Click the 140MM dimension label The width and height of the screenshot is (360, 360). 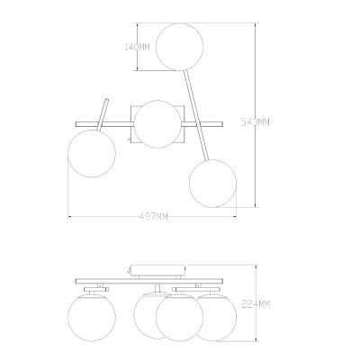[137, 47]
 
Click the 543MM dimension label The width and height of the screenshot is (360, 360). [256, 122]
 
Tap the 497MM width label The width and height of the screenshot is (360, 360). [154, 216]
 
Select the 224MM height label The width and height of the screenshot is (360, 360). [256, 304]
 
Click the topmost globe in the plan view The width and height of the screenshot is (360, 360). [179, 47]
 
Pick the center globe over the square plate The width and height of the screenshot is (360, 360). [157, 124]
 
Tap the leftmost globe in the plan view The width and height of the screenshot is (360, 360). [92, 154]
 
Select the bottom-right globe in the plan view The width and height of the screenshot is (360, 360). [212, 184]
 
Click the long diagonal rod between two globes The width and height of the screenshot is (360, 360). [196, 115]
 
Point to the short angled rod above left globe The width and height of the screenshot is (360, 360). [103, 115]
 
